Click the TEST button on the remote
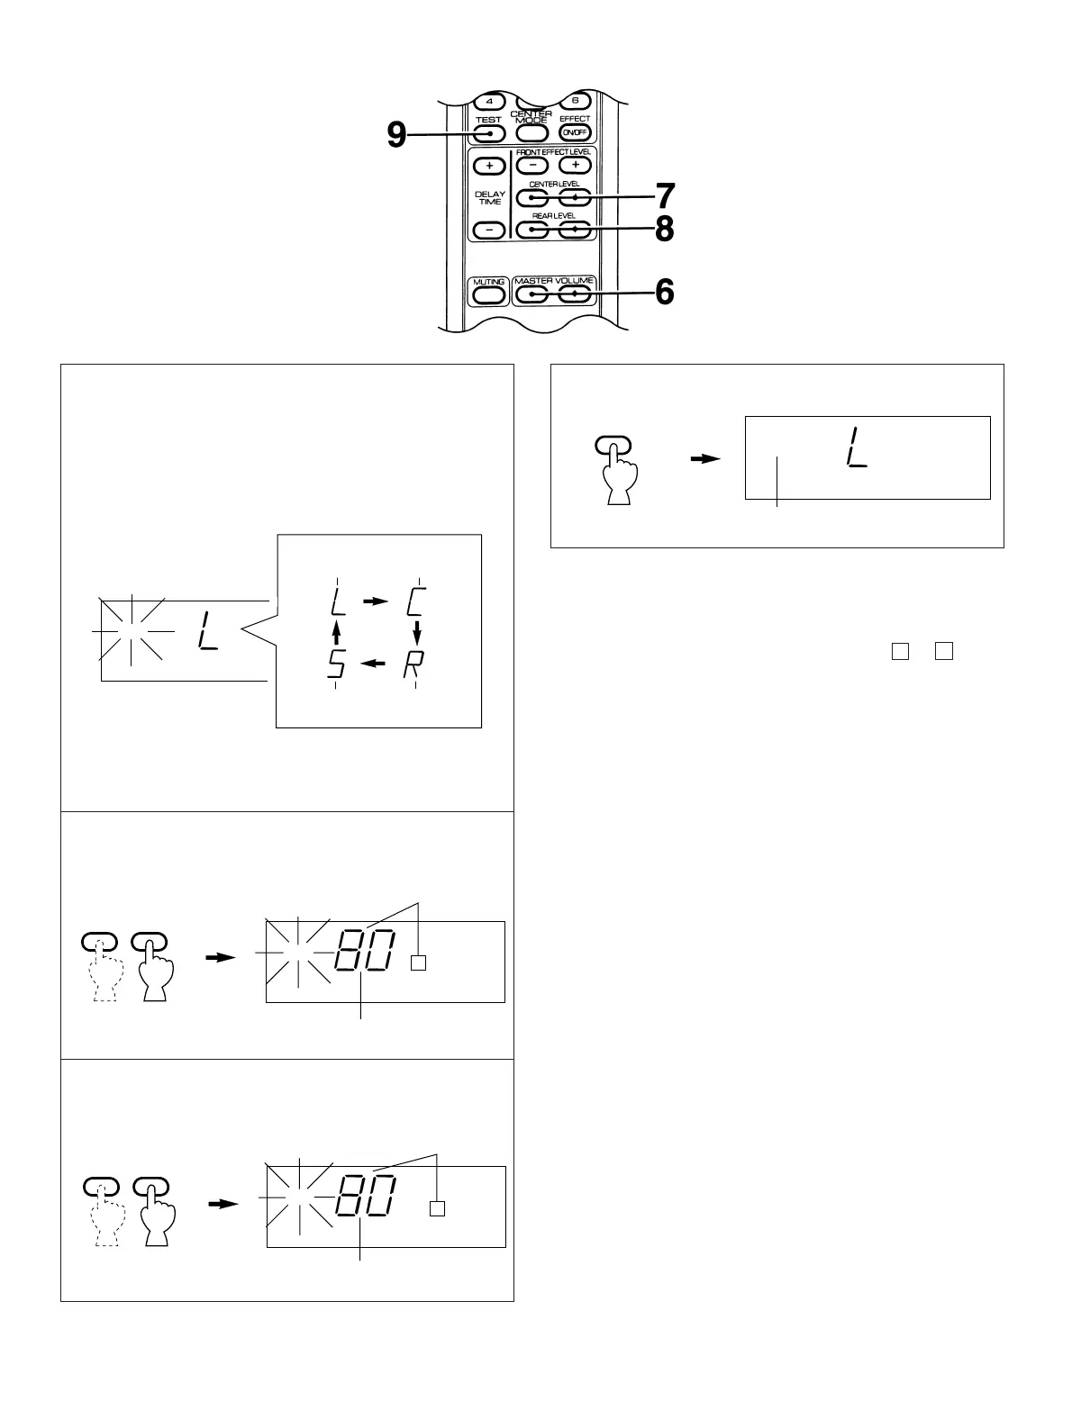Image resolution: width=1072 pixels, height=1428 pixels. (488, 134)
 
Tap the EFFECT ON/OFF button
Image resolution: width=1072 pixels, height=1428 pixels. (574, 133)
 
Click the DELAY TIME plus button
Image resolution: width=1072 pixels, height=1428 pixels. (489, 167)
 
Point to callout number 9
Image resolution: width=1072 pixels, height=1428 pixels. (396, 135)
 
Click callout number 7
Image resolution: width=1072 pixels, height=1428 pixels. (664, 195)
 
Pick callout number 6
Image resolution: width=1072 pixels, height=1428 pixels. (664, 292)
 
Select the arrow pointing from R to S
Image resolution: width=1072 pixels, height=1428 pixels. (375, 664)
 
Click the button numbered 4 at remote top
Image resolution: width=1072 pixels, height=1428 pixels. (489, 101)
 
